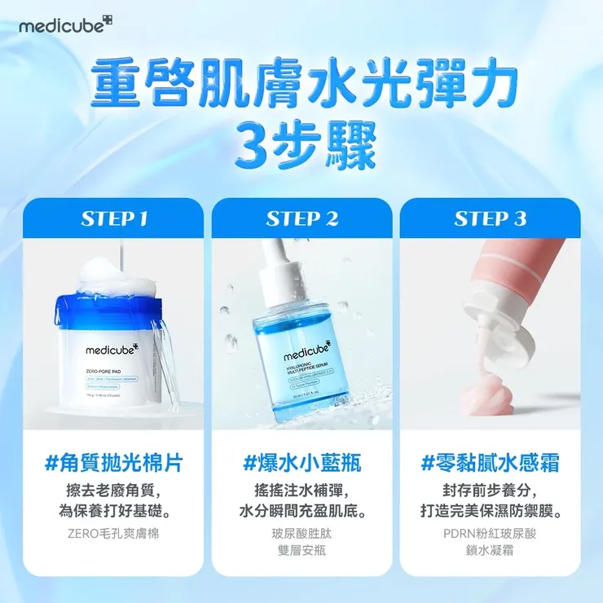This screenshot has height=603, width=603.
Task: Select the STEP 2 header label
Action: coord(301,218)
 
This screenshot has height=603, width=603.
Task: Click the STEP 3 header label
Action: coord(490,218)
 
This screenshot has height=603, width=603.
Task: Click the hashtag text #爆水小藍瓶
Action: coord(301,464)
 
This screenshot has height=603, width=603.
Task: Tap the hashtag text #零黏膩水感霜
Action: coord(490,464)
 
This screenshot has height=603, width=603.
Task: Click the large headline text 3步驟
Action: coord(301,145)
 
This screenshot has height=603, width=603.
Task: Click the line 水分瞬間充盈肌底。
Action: coord(301,513)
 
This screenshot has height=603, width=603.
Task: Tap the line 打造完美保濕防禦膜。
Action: coord(490,513)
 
